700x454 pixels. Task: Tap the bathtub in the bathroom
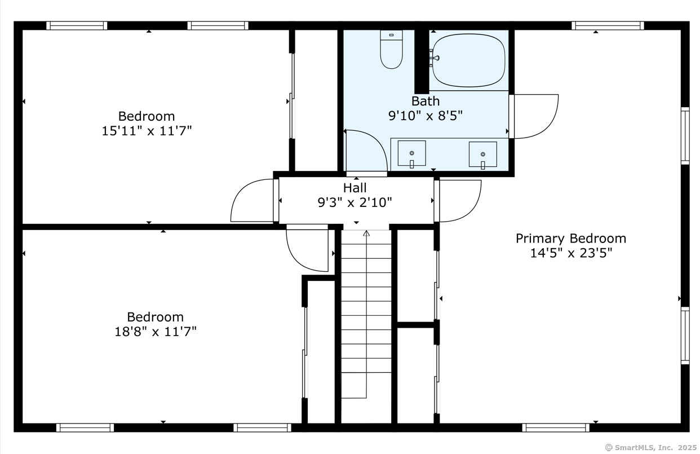click(x=468, y=60)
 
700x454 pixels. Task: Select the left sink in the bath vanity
click(x=411, y=153)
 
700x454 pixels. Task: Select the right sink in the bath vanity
click(x=483, y=154)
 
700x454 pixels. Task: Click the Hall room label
click(x=355, y=188)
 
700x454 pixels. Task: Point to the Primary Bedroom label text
click(x=571, y=239)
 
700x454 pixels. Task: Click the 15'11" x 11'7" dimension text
click(x=147, y=131)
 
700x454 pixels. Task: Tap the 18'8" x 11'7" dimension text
click(x=156, y=332)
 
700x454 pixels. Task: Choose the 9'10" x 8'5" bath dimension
click(x=426, y=116)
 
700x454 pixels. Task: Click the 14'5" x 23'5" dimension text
click(x=571, y=253)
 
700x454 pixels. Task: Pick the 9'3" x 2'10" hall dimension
click(x=355, y=202)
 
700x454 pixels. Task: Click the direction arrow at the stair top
click(x=366, y=233)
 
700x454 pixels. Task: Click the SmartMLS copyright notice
click(x=651, y=447)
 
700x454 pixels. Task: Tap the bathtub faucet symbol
click(x=435, y=58)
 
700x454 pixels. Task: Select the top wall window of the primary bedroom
click(x=608, y=25)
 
